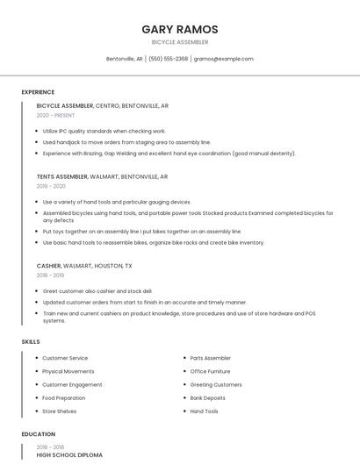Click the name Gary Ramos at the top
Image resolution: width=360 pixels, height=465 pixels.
180,29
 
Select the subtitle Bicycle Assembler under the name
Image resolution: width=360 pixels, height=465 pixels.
180,42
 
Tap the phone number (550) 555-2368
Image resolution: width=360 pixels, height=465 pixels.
169,59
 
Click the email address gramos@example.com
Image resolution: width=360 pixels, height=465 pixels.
224,59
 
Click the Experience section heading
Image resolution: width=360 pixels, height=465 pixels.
38,92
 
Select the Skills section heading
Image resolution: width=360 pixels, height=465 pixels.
31,341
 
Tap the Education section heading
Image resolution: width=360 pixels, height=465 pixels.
39,434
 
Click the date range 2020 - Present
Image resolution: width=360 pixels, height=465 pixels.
55,116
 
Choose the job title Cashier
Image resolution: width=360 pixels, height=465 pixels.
48,265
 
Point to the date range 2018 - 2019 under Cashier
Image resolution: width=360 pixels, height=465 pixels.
51,275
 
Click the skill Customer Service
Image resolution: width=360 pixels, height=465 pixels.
65,358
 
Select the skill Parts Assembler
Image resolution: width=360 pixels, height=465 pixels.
211,358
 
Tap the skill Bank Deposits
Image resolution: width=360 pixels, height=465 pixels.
208,397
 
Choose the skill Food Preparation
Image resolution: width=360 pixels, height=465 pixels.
64,397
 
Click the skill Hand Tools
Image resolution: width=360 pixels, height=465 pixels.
205,411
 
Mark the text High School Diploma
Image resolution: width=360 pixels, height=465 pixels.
69,455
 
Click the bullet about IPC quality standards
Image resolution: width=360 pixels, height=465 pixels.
104,131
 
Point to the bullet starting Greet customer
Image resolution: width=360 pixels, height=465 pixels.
97,290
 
